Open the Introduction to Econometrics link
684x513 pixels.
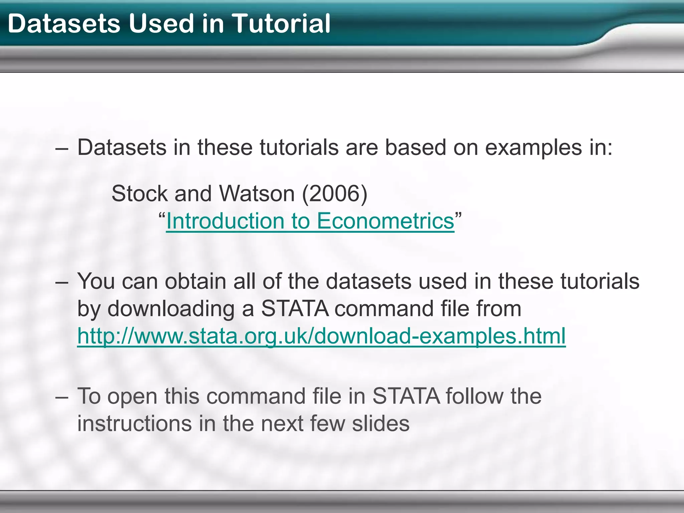click(x=310, y=221)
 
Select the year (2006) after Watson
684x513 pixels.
click(x=335, y=193)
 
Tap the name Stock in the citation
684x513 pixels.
click(x=140, y=193)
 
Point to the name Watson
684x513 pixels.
click(x=257, y=193)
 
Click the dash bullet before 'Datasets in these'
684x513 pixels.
click(x=62, y=148)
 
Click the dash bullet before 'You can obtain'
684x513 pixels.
click(x=62, y=282)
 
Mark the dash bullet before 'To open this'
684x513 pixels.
click(x=62, y=396)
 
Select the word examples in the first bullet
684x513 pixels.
click(x=533, y=148)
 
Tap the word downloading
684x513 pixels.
click(x=171, y=309)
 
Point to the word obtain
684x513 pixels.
click(x=196, y=281)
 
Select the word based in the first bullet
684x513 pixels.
click(x=415, y=148)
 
